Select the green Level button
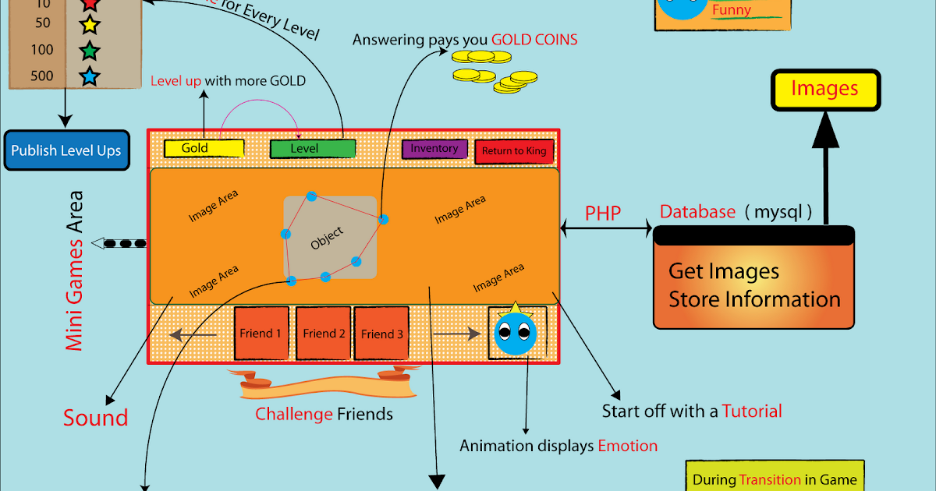coord(313,148)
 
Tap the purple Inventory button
coord(434,149)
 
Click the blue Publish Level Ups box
coord(66,150)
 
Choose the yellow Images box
coord(825,89)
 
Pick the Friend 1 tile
coord(261,334)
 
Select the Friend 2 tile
coord(324,334)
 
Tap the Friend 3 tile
coord(382,334)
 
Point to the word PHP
coord(603,213)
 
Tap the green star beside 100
coord(90,51)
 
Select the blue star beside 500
coord(90,76)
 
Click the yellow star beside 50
coord(90,25)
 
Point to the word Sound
coord(95,418)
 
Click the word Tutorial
coord(752,411)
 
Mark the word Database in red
coord(697,212)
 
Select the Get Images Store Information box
coord(754,285)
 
